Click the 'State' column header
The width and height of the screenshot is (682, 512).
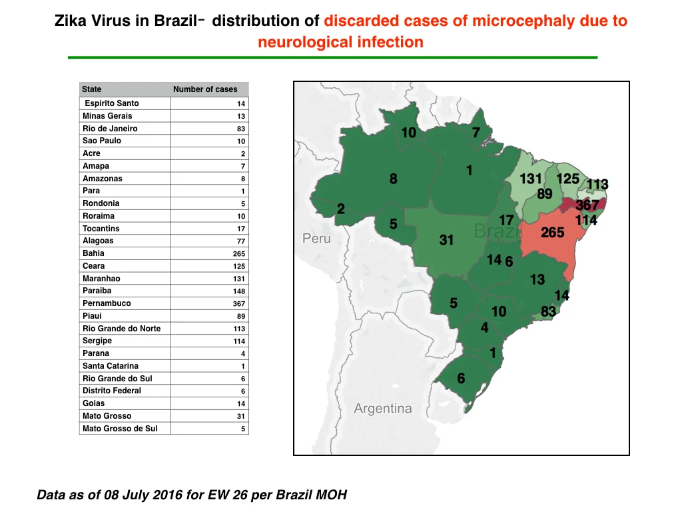pyautogui.click(x=91, y=89)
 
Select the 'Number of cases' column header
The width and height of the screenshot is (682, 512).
pyautogui.click(x=205, y=89)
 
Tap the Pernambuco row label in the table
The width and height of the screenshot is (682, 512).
pyautogui.click(x=107, y=303)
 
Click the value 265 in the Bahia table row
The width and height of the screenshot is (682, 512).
pyautogui.click(x=239, y=254)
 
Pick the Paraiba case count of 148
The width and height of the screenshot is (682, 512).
pyautogui.click(x=239, y=291)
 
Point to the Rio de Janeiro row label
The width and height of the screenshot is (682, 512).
pyautogui.click(x=110, y=129)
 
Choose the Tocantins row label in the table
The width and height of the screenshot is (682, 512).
pyautogui.click(x=101, y=229)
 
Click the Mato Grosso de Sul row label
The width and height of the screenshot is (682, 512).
pyautogui.click(x=120, y=429)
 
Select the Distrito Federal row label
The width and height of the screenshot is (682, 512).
pyautogui.click(x=112, y=391)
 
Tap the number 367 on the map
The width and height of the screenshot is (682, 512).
pyautogui.click(x=587, y=205)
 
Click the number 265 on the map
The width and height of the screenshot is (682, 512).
pyautogui.click(x=552, y=233)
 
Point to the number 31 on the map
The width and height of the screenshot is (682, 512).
pyautogui.click(x=446, y=240)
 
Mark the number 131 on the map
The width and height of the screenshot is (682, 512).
pyautogui.click(x=531, y=179)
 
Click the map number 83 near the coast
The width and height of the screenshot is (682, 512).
pyautogui.click(x=549, y=311)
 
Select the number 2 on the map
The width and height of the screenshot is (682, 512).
pyautogui.click(x=341, y=209)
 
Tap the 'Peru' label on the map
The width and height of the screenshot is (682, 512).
pyautogui.click(x=316, y=239)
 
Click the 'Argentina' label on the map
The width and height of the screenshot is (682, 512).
pyautogui.click(x=383, y=409)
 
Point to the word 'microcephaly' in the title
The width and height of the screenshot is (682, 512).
pyautogui.click(x=522, y=21)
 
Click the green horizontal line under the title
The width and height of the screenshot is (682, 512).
pyautogui.click(x=333, y=57)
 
